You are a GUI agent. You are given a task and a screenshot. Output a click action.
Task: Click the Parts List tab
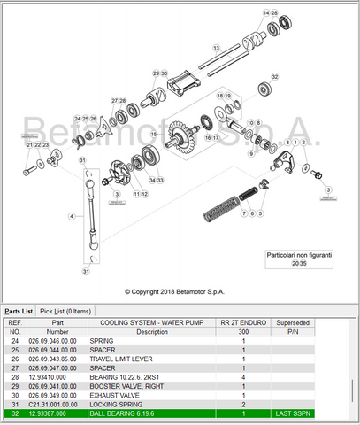[19, 311]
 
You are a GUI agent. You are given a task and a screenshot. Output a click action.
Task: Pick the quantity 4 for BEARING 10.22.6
[243, 376]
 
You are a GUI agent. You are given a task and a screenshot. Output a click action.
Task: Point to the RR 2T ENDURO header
[243, 322]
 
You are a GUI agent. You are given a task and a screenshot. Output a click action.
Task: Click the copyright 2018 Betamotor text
[179, 290]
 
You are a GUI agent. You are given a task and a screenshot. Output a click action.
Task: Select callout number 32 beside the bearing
[274, 77]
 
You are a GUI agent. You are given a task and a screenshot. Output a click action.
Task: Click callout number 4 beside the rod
[73, 215]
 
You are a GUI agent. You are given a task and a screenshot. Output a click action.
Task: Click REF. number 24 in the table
[14, 340]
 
